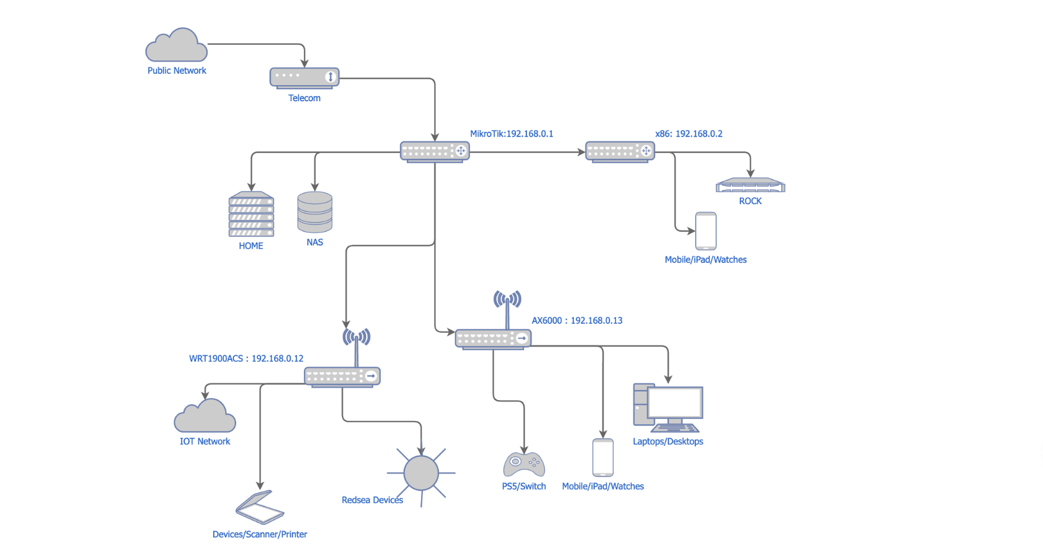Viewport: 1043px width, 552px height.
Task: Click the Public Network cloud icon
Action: point(177,46)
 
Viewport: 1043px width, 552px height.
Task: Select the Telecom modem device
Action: point(304,77)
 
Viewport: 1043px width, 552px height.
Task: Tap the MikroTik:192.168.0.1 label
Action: point(511,134)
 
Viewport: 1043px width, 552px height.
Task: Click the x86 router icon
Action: point(620,151)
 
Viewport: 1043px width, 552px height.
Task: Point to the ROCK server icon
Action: point(750,186)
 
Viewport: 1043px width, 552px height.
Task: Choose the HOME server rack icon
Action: point(251,214)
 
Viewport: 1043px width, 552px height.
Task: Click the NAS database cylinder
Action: point(315,212)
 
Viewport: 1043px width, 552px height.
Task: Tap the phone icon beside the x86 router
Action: point(706,231)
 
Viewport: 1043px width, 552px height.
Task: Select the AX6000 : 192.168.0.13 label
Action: point(577,320)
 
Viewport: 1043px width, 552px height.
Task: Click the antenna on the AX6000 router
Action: point(507,301)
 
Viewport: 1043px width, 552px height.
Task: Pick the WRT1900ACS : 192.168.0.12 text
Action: point(246,358)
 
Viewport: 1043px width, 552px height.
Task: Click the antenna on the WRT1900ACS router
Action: point(356,339)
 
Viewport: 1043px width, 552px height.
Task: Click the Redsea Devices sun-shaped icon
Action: point(421,473)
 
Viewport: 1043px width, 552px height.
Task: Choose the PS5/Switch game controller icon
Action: point(524,465)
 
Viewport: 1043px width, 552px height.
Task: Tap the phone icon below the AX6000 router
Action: point(603,457)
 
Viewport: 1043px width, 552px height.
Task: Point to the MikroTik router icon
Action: point(435,151)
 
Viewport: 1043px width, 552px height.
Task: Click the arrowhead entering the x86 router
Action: point(581,152)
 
